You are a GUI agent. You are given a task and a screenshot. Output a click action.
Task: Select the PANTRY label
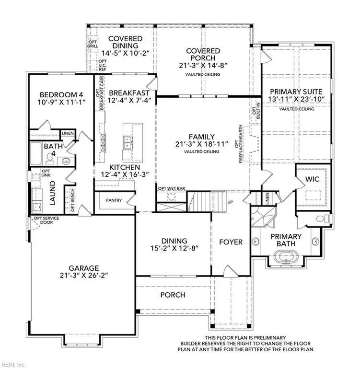click(114, 200)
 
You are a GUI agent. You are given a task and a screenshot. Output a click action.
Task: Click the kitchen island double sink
click(128, 141)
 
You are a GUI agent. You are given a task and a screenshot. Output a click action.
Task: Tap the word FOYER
click(231, 242)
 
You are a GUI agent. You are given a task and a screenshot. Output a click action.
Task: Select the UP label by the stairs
click(230, 202)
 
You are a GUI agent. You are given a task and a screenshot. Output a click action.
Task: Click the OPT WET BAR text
click(171, 188)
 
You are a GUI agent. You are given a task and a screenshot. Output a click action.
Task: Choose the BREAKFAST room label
click(129, 92)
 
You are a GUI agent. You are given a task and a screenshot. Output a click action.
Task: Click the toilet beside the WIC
click(321, 219)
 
